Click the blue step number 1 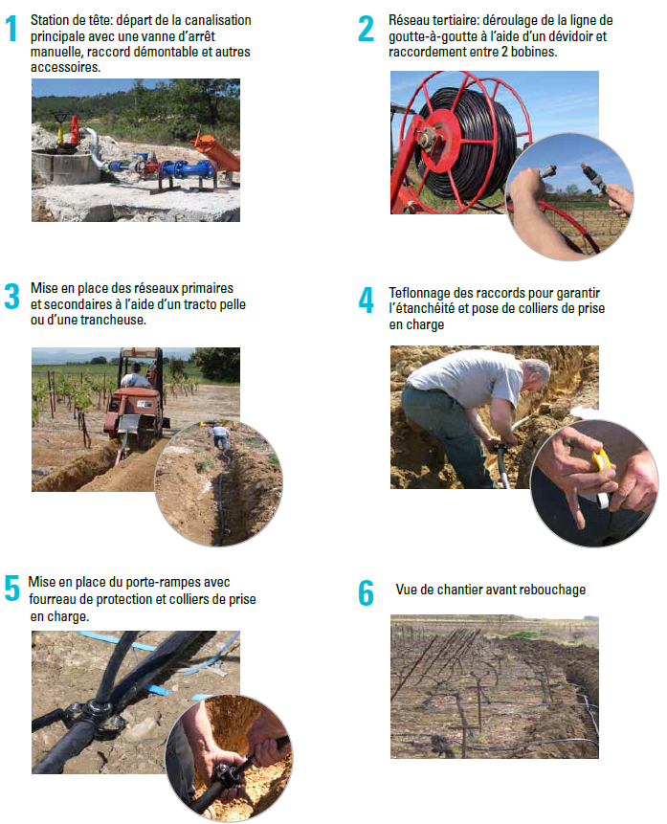[x=11, y=29]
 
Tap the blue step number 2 [x=366, y=29]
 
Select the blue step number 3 [x=11, y=297]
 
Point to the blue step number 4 [x=366, y=301]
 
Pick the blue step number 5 [x=11, y=588]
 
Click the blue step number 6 [x=366, y=592]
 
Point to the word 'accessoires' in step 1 [x=65, y=67]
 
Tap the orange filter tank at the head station [x=217, y=151]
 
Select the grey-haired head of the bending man [x=536, y=373]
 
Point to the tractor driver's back [x=136, y=379]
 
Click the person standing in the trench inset [x=220, y=437]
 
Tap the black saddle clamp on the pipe [x=99, y=714]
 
